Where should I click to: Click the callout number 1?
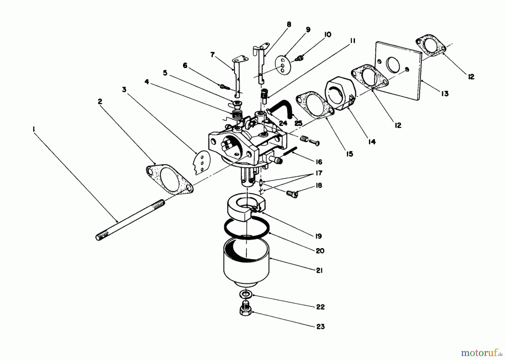click(33, 129)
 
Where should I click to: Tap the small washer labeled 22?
click(246, 295)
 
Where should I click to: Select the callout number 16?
click(318, 162)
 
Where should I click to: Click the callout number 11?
click(352, 41)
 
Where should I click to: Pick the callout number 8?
click(289, 24)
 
